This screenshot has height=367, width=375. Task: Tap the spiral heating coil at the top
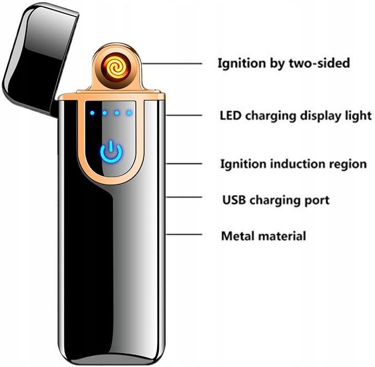pyautogui.click(x=114, y=67)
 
